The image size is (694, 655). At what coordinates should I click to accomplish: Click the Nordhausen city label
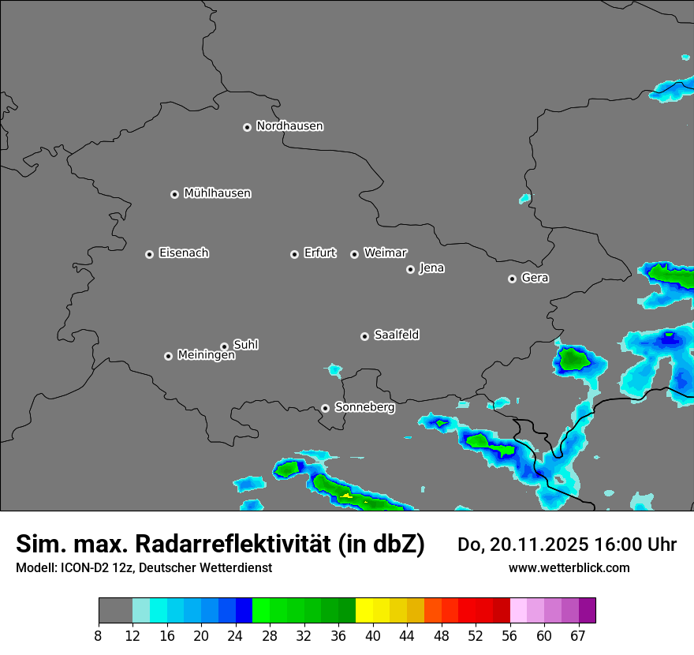click(289, 126)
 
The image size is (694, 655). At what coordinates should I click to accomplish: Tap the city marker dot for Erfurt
click(294, 254)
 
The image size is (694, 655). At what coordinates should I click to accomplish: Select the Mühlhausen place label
click(217, 193)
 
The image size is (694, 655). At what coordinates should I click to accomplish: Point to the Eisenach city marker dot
click(149, 254)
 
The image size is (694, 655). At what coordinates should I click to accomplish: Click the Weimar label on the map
click(385, 253)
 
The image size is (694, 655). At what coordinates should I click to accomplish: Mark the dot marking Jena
click(410, 269)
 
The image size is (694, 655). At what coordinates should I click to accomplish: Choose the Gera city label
click(535, 279)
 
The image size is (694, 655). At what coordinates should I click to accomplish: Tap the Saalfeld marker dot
click(364, 336)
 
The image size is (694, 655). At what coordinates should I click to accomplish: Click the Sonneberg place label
click(364, 408)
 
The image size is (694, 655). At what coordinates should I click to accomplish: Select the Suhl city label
click(245, 345)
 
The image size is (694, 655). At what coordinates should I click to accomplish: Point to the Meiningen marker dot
click(168, 356)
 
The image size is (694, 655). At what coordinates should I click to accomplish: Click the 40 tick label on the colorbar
click(372, 636)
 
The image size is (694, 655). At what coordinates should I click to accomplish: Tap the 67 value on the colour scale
click(577, 636)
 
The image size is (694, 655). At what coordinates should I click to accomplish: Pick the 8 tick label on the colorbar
click(99, 636)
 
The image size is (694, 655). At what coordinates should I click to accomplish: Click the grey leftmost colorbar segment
click(115, 611)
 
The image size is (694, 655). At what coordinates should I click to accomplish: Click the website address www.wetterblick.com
click(569, 567)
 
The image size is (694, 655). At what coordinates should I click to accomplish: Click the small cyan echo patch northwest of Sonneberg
click(334, 369)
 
